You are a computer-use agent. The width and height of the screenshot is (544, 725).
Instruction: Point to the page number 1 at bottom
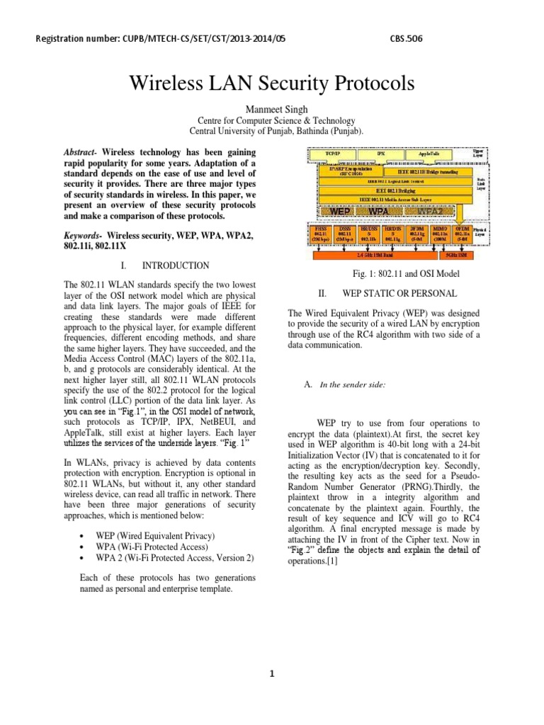[x=272, y=674]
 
